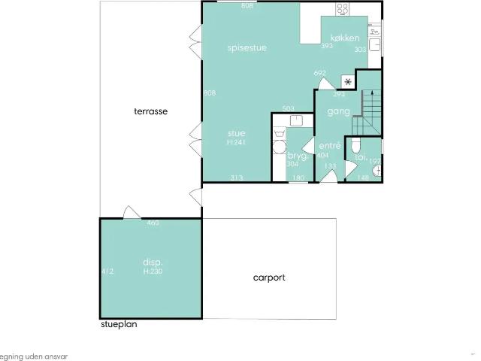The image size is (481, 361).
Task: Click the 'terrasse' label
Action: tap(150, 111)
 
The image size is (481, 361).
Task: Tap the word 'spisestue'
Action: tap(247, 47)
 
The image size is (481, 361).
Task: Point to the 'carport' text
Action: tap(268, 278)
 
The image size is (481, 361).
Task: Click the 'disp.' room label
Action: tap(153, 262)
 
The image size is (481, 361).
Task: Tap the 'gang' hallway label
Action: tap(339, 111)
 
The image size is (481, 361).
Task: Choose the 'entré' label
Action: tap(330, 145)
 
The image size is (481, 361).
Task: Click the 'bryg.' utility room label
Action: tap(297, 156)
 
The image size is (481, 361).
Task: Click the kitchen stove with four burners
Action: tap(343, 9)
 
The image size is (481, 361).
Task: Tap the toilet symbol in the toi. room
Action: tap(358, 145)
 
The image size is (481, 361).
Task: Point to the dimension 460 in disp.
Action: tap(153, 223)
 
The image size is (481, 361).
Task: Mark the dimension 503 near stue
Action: tap(288, 109)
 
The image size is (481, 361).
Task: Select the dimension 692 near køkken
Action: tap(320, 73)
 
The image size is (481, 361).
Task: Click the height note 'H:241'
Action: tap(237, 142)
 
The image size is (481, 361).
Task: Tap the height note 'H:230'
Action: tap(153, 271)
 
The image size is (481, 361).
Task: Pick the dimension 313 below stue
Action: tap(237, 177)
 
